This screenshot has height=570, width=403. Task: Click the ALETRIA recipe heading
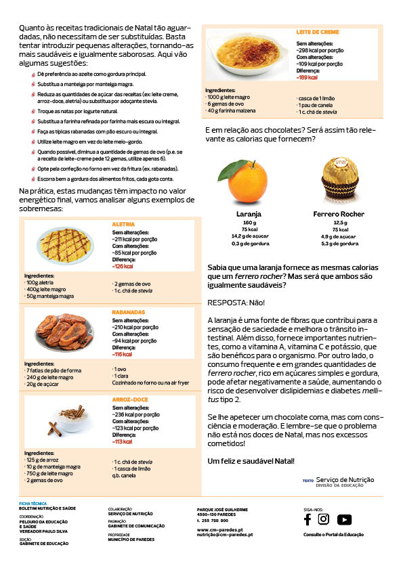point(123,224)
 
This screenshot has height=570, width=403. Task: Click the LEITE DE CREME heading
point(318,32)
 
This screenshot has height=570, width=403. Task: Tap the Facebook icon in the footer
point(307,519)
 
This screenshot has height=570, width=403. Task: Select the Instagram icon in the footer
point(324,519)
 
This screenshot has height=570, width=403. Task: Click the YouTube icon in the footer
point(344,520)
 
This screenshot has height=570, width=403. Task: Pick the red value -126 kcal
point(123,266)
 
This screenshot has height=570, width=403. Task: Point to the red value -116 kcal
point(123,354)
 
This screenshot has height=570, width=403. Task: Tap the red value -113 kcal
point(123,441)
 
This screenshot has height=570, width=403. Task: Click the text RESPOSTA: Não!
point(236,302)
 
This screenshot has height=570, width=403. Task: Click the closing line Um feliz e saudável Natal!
point(251,461)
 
